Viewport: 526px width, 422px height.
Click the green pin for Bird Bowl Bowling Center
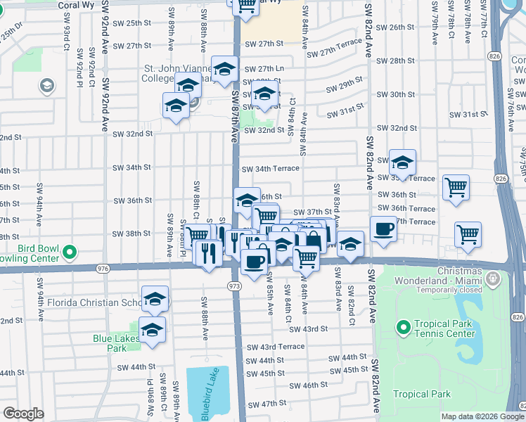(x=70, y=251)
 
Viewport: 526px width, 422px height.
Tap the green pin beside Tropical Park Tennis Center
(x=403, y=327)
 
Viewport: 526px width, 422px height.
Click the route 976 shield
(x=103, y=268)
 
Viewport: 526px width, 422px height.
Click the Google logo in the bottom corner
(x=23, y=414)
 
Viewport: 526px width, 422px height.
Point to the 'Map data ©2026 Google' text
(x=482, y=416)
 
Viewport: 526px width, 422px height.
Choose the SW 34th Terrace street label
(x=271, y=169)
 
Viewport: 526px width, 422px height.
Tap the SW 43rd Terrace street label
(x=276, y=347)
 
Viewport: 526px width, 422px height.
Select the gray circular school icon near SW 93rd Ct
(x=47, y=86)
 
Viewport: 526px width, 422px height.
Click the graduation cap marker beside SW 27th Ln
(x=224, y=69)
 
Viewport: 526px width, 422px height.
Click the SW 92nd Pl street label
(x=91, y=63)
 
